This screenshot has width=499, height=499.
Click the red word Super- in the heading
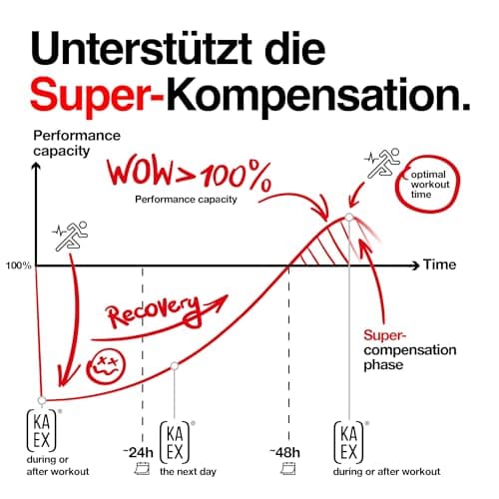click(97, 94)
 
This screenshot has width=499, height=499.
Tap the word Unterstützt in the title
click(141, 48)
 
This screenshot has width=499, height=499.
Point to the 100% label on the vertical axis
click(19, 265)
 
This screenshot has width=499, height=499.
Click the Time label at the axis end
click(439, 264)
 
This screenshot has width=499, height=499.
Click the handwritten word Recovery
click(154, 311)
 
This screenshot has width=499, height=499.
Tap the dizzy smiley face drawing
click(106, 366)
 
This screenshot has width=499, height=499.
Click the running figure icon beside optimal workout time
click(383, 163)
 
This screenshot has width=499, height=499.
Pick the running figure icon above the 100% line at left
click(70, 236)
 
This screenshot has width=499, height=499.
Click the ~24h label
click(138, 452)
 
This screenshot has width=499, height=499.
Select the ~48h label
click(284, 452)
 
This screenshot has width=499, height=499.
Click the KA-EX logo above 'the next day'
click(175, 442)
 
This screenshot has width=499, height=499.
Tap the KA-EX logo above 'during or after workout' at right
click(349, 442)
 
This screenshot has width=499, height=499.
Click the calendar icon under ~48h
click(288, 469)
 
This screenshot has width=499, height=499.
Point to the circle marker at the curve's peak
click(349, 218)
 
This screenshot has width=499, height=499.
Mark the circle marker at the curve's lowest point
click(42, 400)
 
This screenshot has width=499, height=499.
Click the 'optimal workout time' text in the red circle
click(430, 185)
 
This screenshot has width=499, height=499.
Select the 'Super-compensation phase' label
click(410, 349)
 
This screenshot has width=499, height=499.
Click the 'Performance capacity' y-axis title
click(77, 143)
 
